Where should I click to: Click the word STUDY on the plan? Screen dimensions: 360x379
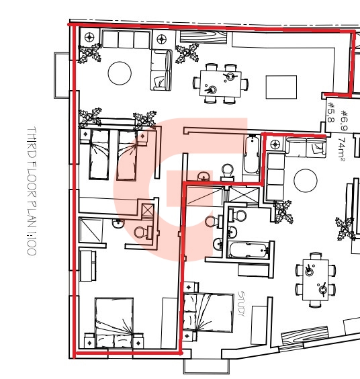coord(241,304)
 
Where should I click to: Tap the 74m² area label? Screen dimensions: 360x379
coord(341,149)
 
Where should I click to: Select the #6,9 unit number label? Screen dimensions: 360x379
coord(344,120)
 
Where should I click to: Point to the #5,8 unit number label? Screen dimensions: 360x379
coord(330,112)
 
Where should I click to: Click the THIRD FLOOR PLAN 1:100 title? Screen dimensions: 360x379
coord(32,191)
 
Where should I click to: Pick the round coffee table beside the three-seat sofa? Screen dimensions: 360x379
coord(120,73)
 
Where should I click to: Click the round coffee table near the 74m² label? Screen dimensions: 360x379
coord(306,181)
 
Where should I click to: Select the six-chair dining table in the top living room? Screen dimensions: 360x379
coord(220,83)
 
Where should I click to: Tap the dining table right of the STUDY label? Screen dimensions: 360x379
coord(316,280)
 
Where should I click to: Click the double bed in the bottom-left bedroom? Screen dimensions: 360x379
coord(114,323)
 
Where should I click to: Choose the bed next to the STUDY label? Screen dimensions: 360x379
coord(208,312)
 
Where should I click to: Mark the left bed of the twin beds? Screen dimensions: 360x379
coord(99,155)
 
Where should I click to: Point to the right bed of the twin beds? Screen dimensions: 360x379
coord(128,155)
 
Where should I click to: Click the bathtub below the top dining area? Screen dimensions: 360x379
coord(251,155)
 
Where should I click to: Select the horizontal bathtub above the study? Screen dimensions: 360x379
coord(249,250)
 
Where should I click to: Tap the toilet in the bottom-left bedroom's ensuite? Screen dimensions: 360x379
coord(143,233)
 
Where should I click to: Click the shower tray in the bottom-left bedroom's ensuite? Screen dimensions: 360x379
coord(91,230)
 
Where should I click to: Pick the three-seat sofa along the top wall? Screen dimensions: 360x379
coord(126,39)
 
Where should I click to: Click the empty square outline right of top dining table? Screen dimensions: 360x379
coord(281,87)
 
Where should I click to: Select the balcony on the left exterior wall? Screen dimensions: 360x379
coord(62,75)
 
